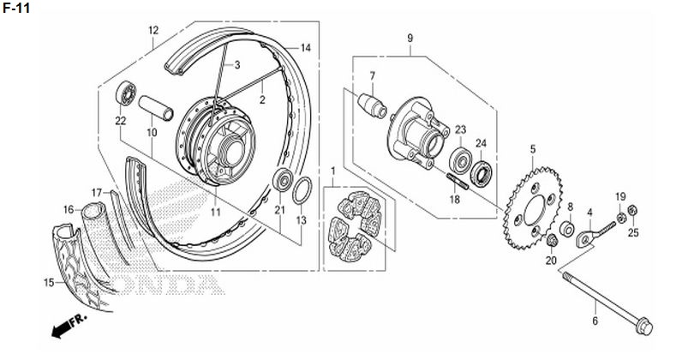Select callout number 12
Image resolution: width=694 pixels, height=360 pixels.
click(x=153, y=32)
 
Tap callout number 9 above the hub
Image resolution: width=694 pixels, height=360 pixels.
click(x=410, y=39)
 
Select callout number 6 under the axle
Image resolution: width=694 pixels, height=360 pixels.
click(x=594, y=321)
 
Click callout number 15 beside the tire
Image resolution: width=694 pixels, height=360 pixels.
click(x=49, y=282)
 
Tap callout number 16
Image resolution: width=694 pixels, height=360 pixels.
click(x=69, y=209)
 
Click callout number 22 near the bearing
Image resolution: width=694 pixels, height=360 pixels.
click(x=121, y=120)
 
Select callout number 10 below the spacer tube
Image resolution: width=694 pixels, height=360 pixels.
click(x=152, y=133)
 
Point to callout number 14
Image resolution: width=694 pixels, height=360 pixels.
click(x=306, y=47)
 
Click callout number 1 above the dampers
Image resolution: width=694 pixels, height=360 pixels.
click(x=333, y=171)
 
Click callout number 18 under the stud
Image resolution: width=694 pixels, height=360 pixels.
click(x=455, y=199)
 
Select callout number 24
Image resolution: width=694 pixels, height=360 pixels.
click(x=482, y=143)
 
